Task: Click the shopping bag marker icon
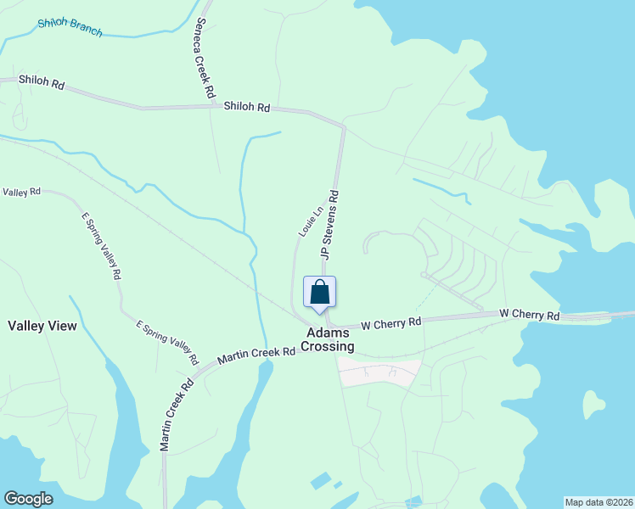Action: (320, 292)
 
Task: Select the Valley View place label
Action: (42, 326)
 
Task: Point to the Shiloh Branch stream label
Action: (70, 27)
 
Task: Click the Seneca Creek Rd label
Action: (204, 56)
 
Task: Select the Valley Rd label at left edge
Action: (21, 193)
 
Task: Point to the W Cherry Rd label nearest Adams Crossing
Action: (391, 323)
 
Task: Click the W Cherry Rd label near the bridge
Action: (530, 315)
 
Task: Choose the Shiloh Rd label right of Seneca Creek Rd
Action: (247, 108)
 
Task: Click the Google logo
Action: (28, 499)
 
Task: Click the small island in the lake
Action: (594, 406)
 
